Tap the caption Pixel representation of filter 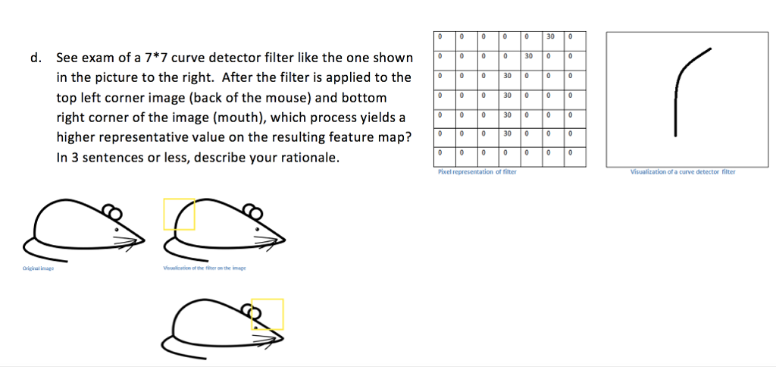tap(477, 172)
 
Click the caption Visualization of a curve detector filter tap(682, 172)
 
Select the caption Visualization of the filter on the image tap(204, 268)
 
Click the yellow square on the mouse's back tap(180, 214)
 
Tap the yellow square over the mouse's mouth tap(268, 314)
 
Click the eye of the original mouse tap(116, 228)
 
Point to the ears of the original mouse tap(111, 211)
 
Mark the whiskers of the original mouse tap(130, 240)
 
